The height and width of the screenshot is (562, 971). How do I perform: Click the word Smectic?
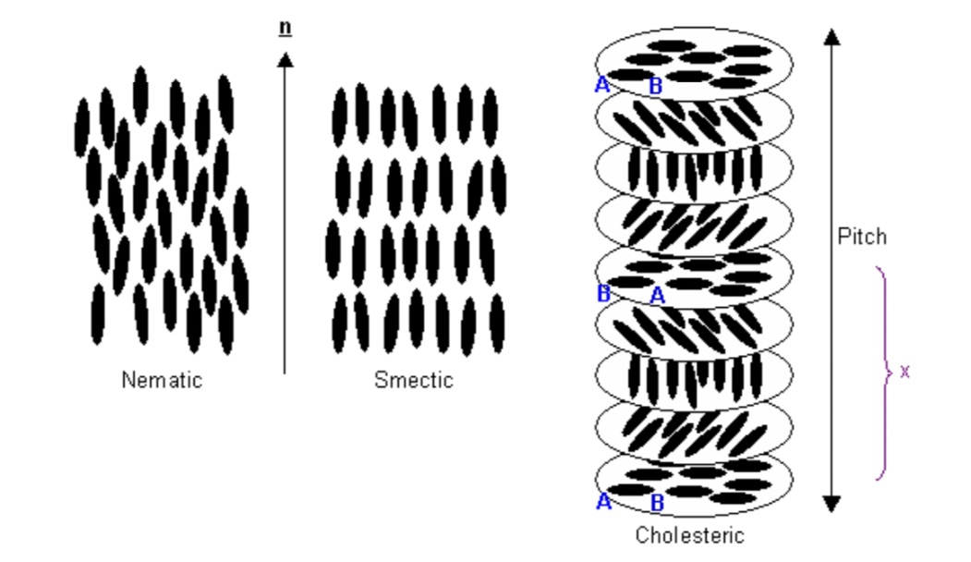pos(414,380)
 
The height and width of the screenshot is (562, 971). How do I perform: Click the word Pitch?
pos(861,237)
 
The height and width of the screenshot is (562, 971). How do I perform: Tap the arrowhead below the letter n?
pos(285,60)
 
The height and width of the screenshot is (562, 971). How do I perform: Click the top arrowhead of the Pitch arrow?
pos(832,37)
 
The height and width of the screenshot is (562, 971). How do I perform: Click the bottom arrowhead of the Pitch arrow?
pos(832,502)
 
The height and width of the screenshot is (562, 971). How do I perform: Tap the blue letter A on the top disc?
pos(602,86)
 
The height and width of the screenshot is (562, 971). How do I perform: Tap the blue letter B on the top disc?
pos(655,88)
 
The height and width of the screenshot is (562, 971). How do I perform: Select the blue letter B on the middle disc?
pos(603,294)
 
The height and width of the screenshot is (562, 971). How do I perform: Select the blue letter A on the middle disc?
pos(658,295)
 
